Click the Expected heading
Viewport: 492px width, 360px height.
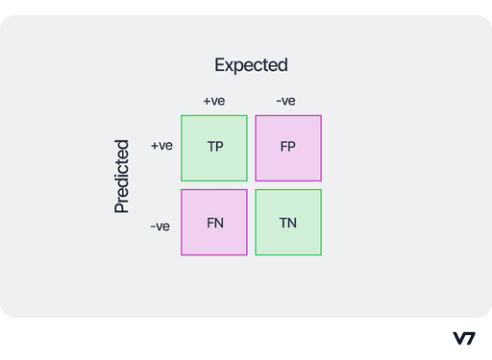[251, 65]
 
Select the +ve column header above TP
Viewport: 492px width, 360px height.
[214, 101]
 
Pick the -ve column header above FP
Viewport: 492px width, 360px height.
[285, 101]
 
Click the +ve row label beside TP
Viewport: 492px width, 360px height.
[161, 146]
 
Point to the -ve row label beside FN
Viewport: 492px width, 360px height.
[160, 227]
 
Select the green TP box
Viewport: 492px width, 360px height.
[214, 148]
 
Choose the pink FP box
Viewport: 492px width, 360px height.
[288, 148]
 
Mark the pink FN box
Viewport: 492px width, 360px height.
[214, 222]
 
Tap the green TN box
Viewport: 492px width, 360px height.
[288, 222]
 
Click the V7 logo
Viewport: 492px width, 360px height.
[463, 338]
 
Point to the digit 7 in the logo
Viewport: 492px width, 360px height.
[470, 338]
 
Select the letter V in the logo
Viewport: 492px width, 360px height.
[458, 338]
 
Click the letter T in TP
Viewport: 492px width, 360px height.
[211, 148]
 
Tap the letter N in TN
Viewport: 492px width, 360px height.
[291, 223]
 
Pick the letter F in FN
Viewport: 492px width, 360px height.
[210, 223]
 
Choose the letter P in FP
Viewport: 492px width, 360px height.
[291, 148]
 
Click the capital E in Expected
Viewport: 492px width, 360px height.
[219, 65]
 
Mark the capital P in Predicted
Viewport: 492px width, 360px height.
[122, 205]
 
